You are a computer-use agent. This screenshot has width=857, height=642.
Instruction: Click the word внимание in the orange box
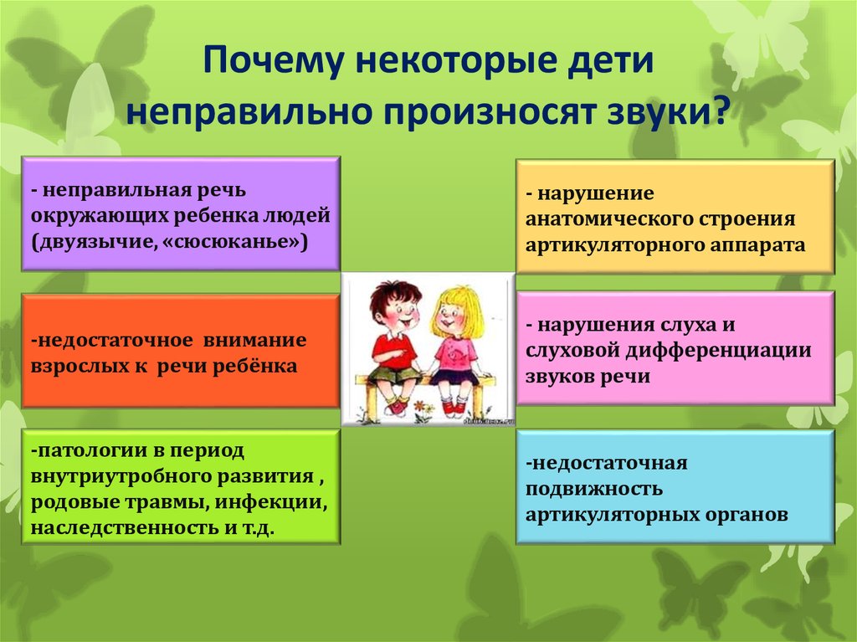(x=254, y=340)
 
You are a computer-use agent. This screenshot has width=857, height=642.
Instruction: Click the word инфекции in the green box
(x=271, y=502)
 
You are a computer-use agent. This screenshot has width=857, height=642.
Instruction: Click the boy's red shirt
(x=392, y=350)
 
